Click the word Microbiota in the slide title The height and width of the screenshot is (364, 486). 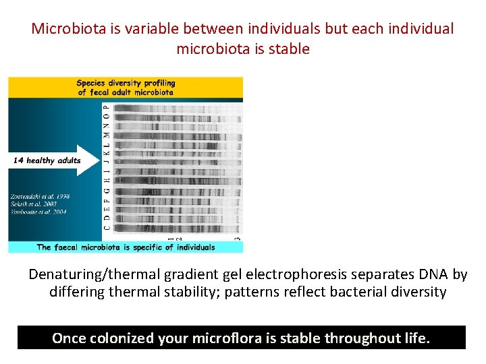[x=65, y=29]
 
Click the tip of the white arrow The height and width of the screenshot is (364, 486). [x=99, y=160]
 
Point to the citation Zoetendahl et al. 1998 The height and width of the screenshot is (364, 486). [x=38, y=196]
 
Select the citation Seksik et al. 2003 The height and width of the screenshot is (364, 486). [x=33, y=203]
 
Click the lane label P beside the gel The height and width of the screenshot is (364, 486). [x=105, y=107]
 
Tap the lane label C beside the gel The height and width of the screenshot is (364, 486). [x=105, y=228]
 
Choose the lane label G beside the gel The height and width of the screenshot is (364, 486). [x=105, y=191]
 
